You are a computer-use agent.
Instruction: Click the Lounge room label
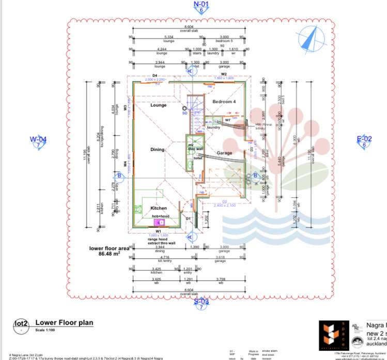[x=159, y=105]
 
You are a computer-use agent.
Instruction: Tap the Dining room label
[x=158, y=150]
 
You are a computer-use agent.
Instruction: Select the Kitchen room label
[x=159, y=208]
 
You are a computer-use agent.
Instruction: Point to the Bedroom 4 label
[x=224, y=102]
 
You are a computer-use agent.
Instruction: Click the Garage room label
[x=224, y=153]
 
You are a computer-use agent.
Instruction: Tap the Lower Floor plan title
[x=64, y=323]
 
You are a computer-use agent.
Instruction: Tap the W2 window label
[x=224, y=74]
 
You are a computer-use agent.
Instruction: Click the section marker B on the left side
[x=119, y=176]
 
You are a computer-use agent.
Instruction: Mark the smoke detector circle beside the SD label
[x=184, y=108]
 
